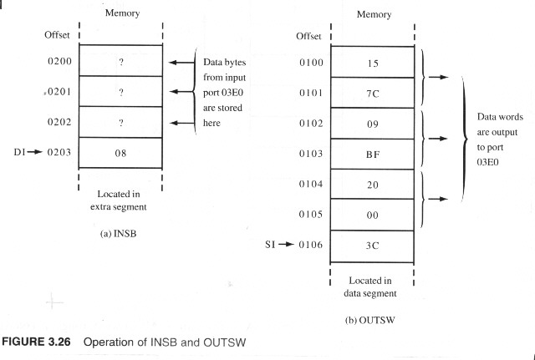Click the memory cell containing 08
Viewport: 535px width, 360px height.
120,153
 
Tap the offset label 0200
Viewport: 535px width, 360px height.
59,61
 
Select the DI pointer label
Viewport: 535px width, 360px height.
19,152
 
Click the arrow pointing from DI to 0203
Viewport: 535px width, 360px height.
35,152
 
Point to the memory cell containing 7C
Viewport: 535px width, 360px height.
373,93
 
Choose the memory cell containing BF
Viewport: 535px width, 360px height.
373,154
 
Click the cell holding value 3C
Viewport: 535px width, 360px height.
372,246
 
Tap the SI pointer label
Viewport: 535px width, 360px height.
270,244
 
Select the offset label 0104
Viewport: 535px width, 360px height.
311,184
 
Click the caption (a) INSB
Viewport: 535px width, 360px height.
118,234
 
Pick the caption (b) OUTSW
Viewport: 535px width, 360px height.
370,321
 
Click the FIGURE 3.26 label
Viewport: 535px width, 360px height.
36,342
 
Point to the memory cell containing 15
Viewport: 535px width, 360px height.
373,63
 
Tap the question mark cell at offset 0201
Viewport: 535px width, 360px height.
120,91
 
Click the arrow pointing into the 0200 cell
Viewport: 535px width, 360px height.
181,63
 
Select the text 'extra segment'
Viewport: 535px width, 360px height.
119,207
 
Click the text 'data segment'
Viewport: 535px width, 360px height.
370,293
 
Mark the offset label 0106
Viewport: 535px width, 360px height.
310,245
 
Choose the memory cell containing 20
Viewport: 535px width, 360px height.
373,184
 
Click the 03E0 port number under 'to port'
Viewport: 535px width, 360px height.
487,162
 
